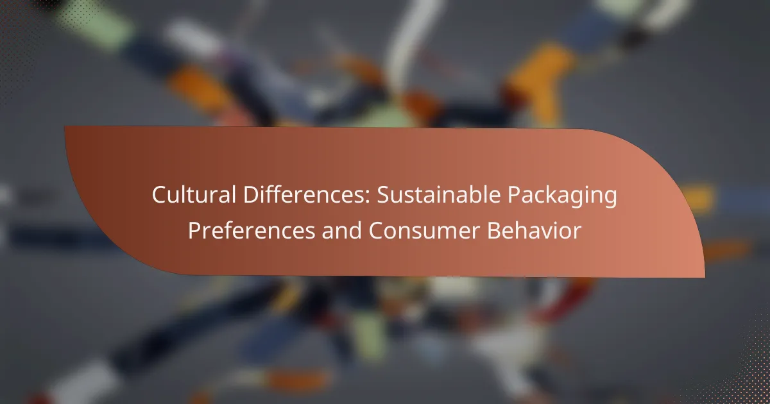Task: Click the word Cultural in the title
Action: pyautogui.click(x=194, y=195)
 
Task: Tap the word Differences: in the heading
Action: pyautogui.click(x=307, y=195)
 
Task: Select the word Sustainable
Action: pyautogui.click(x=439, y=195)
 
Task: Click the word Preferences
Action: pyautogui.click(x=252, y=230)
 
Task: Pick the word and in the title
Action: pyautogui.click(x=341, y=230)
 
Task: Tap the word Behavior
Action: pyautogui.click(x=534, y=230)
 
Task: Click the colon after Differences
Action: pyautogui.click(x=368, y=198)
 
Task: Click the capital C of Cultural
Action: pyautogui.click(x=160, y=195)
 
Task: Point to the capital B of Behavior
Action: pyautogui.click(x=493, y=230)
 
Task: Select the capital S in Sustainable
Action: pyautogui.click(x=384, y=195)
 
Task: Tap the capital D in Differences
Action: pyautogui.click(x=252, y=195)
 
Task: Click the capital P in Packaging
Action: pyautogui.click(x=514, y=195)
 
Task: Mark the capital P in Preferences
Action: pyautogui.click(x=194, y=230)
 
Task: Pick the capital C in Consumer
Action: pyautogui.click(x=376, y=230)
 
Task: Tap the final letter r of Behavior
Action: pyautogui.click(x=577, y=233)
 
